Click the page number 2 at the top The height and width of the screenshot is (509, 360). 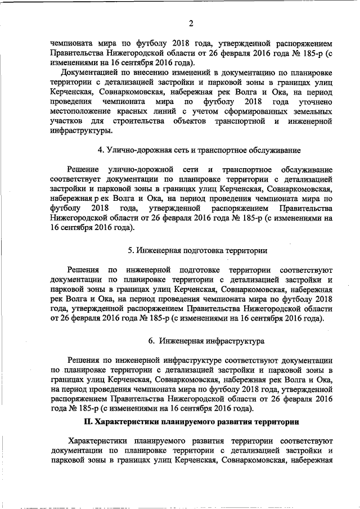pos(191,24)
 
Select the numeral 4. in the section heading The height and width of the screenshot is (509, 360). pos(100,150)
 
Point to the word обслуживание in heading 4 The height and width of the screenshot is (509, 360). pos(276,150)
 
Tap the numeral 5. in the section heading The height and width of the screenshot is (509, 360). pos(130,249)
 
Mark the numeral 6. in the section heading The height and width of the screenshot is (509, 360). pos(151,340)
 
